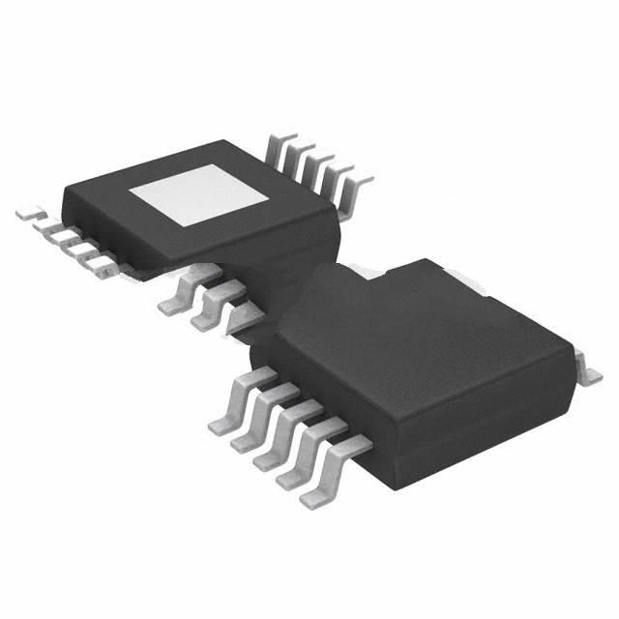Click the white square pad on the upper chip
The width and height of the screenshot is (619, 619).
(200, 192)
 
